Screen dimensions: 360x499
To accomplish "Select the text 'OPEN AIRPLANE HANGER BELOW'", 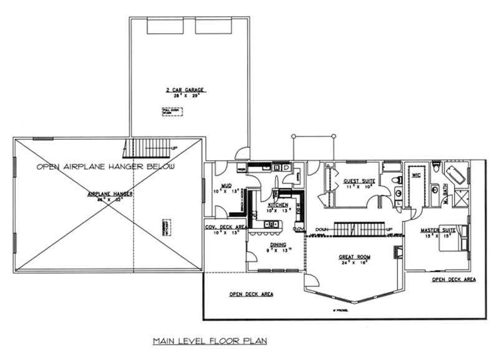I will pyautogui.click(x=105, y=167).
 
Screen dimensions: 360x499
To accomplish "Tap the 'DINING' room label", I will pyautogui.click(x=278, y=245).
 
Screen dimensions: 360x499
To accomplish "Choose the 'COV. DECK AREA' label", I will pyautogui.click(x=223, y=228).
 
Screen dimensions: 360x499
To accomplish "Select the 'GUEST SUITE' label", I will pyautogui.click(x=358, y=182).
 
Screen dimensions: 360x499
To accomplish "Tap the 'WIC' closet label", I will pyautogui.click(x=416, y=176).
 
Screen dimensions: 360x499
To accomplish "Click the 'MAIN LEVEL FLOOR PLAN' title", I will pyautogui.click(x=210, y=341).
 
